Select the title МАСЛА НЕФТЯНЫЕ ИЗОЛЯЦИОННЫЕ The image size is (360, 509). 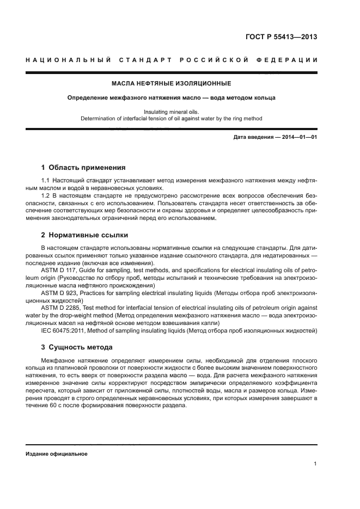(171, 84)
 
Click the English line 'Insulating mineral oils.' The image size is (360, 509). (171, 112)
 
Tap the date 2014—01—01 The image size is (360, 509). (300, 137)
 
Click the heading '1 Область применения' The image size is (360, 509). (83, 168)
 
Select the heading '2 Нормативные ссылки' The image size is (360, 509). (84, 235)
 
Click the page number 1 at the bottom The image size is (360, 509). (315, 464)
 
